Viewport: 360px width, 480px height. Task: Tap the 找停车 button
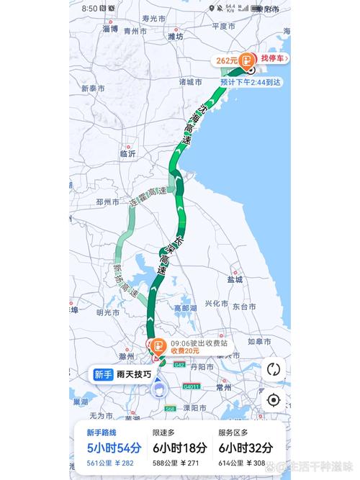274,58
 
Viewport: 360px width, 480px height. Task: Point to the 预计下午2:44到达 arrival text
251,83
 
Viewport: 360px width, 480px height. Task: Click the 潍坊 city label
175,35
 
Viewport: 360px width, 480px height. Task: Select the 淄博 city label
90,31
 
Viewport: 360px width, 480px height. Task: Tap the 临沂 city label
128,153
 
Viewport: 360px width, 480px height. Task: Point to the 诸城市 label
190,82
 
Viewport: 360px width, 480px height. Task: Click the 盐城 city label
234,279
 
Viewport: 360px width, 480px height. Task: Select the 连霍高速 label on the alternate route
146,198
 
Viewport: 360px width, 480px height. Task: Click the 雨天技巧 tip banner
122,374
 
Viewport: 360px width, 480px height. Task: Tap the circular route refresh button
273,369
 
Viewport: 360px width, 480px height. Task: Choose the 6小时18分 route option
180,447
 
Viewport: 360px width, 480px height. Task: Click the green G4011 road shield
192,386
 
